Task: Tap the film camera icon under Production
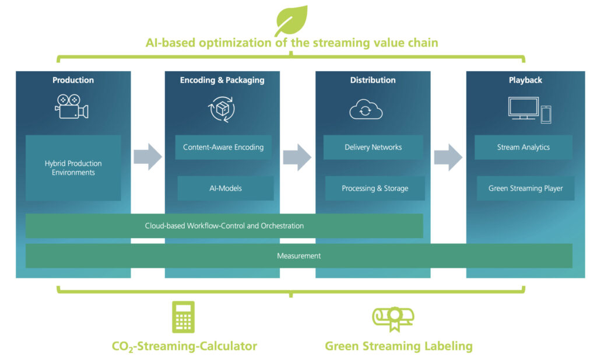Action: (72, 107)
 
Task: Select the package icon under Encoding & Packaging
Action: (222, 109)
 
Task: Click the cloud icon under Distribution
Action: (366, 109)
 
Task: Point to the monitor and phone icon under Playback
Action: (529, 110)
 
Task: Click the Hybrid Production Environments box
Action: (73, 167)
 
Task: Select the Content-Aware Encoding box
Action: (223, 147)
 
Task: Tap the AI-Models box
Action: (226, 188)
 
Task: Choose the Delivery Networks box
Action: (373, 147)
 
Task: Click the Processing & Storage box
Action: (375, 188)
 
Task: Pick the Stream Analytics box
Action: (524, 147)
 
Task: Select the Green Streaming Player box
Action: (525, 188)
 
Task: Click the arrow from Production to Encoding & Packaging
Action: (148, 156)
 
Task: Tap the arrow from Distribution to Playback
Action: (448, 157)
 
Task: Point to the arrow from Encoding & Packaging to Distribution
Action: (297, 157)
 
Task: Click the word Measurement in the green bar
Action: (299, 256)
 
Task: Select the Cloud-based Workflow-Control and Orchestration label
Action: (224, 226)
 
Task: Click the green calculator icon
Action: (183, 317)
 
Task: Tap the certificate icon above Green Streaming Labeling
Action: (394, 319)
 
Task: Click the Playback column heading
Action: (525, 80)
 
